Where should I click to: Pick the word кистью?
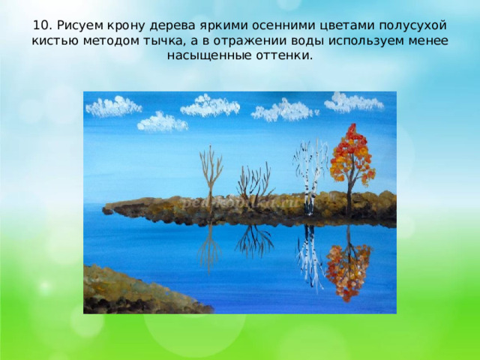[54, 40]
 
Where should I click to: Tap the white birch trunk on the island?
[308, 176]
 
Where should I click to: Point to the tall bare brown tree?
[211, 176]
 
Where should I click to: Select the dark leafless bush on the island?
[253, 184]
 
